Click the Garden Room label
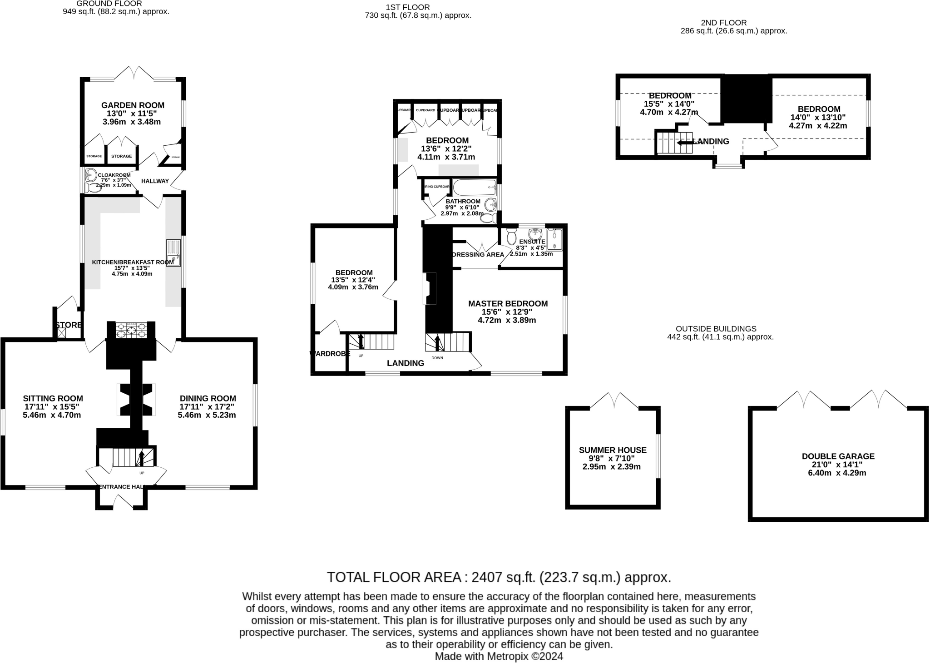point(133,105)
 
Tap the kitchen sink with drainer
point(173,253)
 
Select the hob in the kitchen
point(131,330)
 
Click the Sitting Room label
point(53,399)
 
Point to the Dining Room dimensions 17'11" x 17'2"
point(207,407)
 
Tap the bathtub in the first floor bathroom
point(474,187)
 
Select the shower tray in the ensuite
point(554,239)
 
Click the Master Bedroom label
point(508,304)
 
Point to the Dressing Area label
point(478,255)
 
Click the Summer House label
point(612,450)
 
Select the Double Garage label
point(838,456)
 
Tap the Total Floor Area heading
point(499,577)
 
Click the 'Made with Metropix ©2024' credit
point(499,656)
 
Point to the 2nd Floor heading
point(723,23)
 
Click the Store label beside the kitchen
point(69,325)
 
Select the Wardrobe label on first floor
point(330,354)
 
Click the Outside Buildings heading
point(716,329)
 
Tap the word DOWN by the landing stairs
point(437,358)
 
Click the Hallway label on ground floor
point(155,181)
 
